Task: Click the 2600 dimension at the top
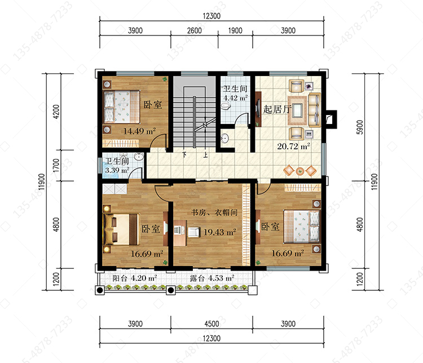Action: tap(194, 30)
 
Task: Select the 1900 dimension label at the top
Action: tap(235, 30)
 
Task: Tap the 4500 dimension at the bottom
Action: tap(211, 324)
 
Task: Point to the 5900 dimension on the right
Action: tap(360, 127)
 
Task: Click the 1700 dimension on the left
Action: tap(56, 165)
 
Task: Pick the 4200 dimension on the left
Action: tap(56, 112)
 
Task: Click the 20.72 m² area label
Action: tap(293, 146)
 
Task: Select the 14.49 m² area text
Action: tap(139, 131)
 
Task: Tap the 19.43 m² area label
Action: tap(220, 232)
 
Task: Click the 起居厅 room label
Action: tap(277, 109)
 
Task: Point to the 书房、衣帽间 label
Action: tap(214, 213)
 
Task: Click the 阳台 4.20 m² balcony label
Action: tap(135, 278)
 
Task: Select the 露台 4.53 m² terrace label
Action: tap(212, 278)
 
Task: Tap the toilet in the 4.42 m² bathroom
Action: tap(226, 107)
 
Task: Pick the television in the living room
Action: tap(258, 109)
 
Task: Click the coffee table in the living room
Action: tap(298, 110)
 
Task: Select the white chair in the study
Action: tap(193, 232)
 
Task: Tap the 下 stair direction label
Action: tap(184, 155)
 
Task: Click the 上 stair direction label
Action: tap(205, 155)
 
